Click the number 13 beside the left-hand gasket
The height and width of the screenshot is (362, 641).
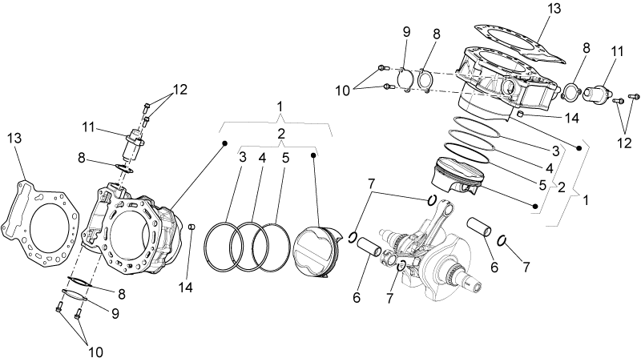14,138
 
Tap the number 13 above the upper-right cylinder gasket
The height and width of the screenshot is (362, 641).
554,8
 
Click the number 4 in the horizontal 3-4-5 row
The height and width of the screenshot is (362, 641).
262,158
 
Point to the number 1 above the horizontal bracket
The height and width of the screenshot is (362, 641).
280,107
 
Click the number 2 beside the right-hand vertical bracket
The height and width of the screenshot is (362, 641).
562,187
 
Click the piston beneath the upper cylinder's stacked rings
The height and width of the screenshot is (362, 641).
457,175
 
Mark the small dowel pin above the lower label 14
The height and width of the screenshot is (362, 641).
191,227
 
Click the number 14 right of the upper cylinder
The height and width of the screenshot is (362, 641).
572,119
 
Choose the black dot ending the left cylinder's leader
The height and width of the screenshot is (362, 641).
224,143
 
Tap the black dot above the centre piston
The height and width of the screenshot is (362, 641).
313,155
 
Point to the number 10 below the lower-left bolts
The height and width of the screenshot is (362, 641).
95,352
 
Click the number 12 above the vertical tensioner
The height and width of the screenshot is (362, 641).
179,90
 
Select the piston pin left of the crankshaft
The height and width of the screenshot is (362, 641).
369,247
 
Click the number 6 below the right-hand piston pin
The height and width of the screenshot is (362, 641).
494,267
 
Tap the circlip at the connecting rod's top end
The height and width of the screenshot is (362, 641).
432,200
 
